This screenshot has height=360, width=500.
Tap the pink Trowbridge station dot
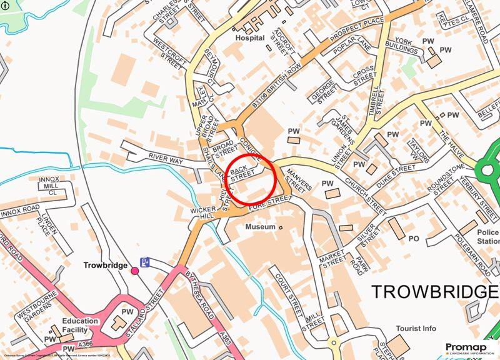(134, 270)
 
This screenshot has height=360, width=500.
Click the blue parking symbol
(145, 262)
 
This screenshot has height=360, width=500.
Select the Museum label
(260, 226)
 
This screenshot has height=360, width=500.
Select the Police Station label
(488, 236)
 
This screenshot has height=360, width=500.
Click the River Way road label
(166, 161)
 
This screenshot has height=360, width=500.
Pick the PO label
(413, 238)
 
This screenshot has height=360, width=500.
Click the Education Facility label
(80, 326)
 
